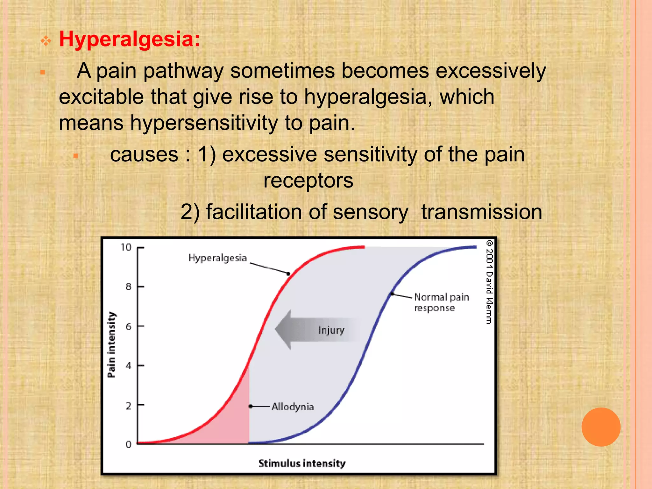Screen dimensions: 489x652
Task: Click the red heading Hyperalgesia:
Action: click(129, 39)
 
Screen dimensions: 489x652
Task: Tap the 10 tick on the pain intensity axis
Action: click(126, 247)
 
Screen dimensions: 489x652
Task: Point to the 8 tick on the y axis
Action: click(128, 287)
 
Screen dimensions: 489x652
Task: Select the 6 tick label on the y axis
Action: click(128, 326)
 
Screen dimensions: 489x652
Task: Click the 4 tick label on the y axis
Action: click(128, 366)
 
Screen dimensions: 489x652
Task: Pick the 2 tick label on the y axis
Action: click(128, 406)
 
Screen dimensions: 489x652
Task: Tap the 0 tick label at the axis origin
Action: click(128, 444)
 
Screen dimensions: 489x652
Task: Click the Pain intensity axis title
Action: click(111, 345)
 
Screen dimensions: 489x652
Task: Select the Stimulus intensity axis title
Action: click(301, 463)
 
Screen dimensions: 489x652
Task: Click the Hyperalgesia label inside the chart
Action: click(217, 258)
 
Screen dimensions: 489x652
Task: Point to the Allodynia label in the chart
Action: click(293, 407)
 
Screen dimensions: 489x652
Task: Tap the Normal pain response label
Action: click(441, 302)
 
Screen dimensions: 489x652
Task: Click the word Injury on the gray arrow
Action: click(331, 330)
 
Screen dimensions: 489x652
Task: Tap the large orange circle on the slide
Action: click(601, 427)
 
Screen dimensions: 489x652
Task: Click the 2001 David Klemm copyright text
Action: click(489, 282)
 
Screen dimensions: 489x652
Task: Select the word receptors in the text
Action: click(308, 181)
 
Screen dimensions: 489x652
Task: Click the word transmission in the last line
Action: click(481, 212)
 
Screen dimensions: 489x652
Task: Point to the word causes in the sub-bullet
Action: click(144, 155)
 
